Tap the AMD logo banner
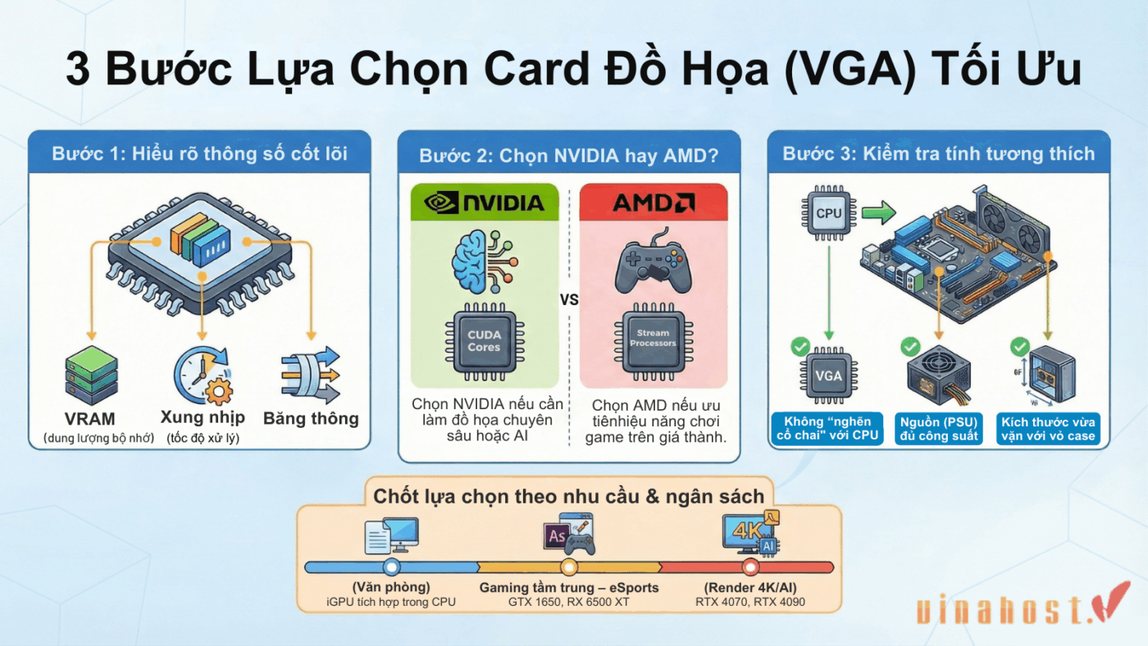click(x=653, y=202)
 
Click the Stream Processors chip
click(x=653, y=339)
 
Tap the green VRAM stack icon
click(x=91, y=375)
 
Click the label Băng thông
click(x=311, y=419)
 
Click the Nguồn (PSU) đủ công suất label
click(x=938, y=429)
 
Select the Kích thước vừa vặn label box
click(x=1047, y=429)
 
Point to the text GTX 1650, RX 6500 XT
click(x=568, y=602)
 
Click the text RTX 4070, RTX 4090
click(x=749, y=602)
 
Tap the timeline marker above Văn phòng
click(x=391, y=567)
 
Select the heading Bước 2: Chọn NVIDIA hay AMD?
click(x=568, y=155)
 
